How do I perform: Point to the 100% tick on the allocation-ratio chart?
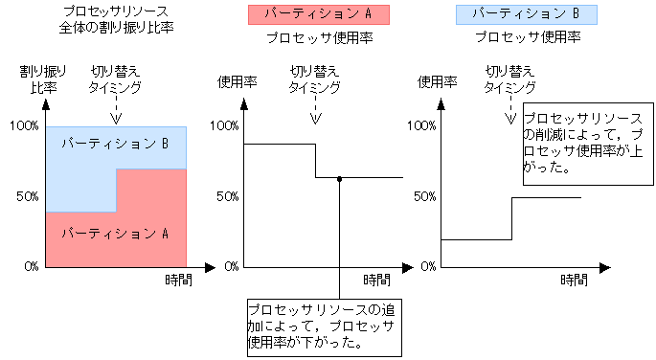pyautogui.click(x=23, y=125)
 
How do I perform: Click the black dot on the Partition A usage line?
pyautogui.click(x=339, y=178)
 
